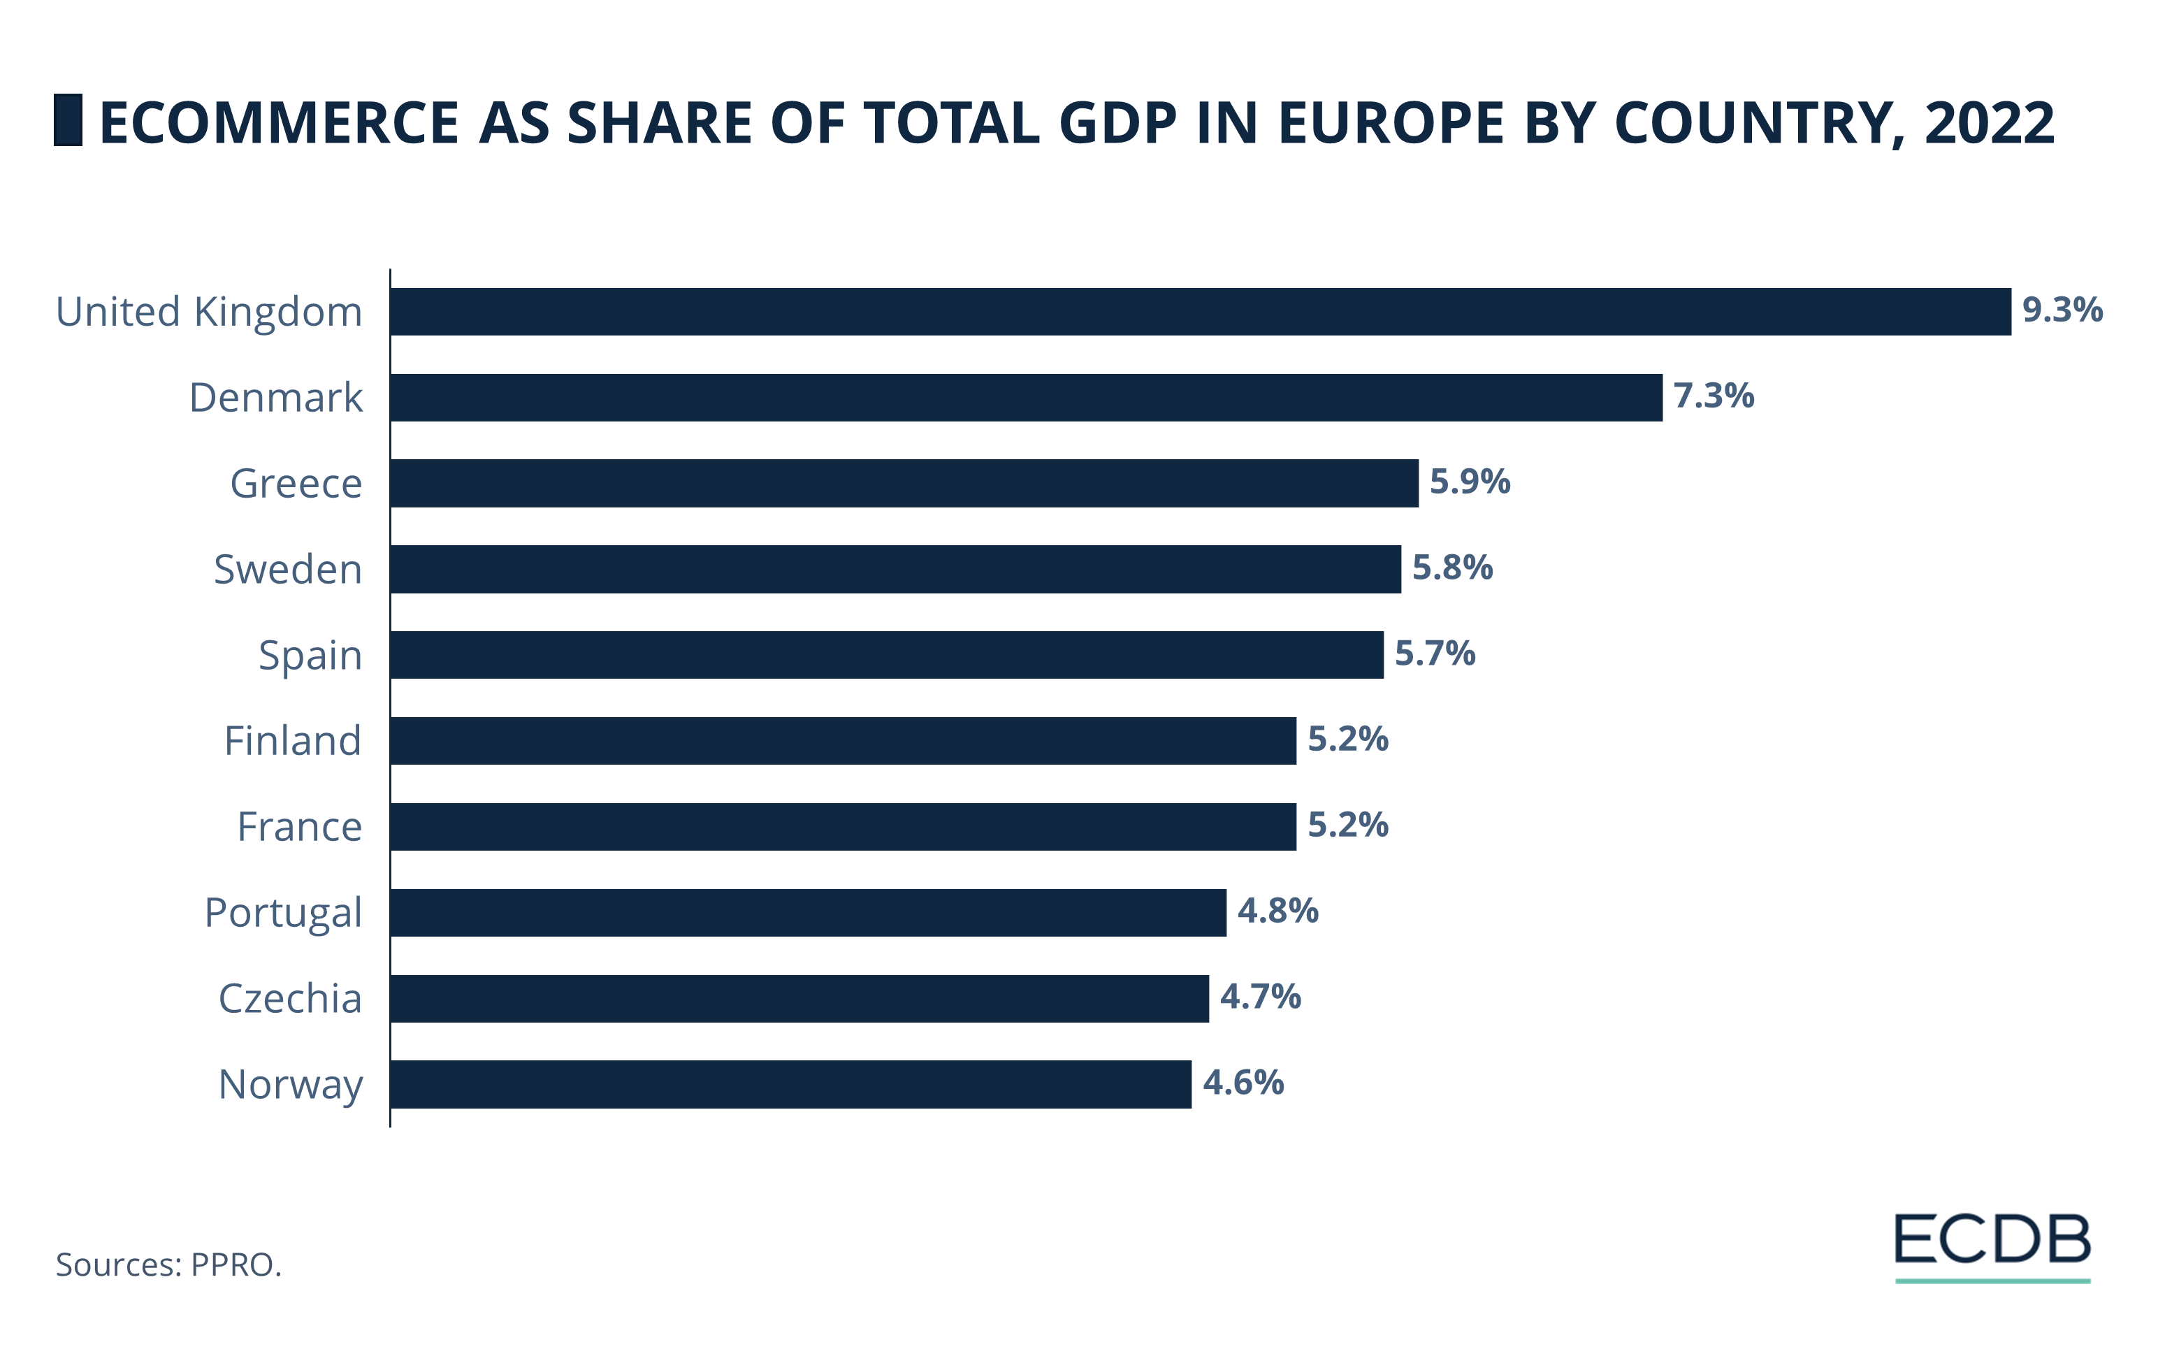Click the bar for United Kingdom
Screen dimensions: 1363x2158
(1200, 312)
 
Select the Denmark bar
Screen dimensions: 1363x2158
(1026, 397)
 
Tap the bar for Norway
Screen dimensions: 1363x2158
(790, 1084)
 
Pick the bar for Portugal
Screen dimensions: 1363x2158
(807, 912)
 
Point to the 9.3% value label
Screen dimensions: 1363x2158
(2062, 310)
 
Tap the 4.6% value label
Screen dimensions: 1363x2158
(1243, 1083)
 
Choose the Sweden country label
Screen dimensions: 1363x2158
(288, 569)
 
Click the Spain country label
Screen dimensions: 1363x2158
(310, 655)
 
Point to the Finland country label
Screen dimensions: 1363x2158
(292, 741)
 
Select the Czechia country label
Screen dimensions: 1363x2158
(290, 998)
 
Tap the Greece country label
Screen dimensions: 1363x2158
(296, 484)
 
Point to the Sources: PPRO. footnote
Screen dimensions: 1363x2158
(168, 1264)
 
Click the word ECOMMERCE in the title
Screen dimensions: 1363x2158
(279, 123)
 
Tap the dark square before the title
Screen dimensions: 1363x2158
(68, 120)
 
